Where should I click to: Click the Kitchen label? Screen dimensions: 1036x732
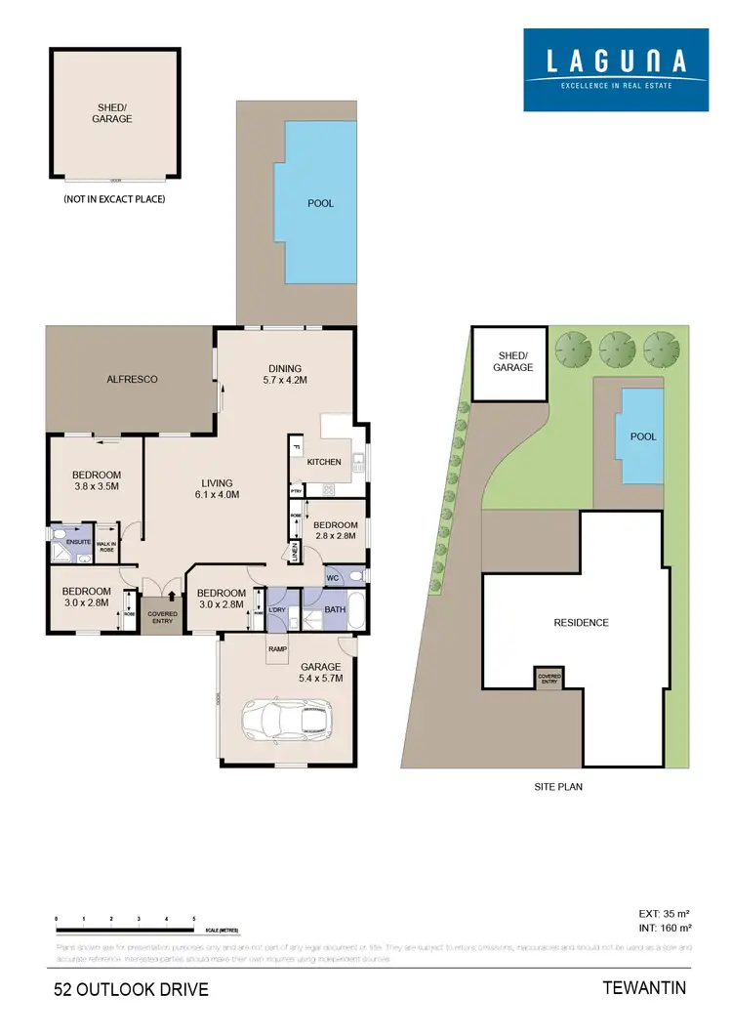[x=324, y=462]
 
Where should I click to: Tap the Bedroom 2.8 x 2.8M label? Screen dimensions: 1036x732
[x=334, y=529]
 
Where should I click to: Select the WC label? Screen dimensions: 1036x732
[x=332, y=577]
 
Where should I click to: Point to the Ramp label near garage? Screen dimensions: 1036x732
[x=278, y=646]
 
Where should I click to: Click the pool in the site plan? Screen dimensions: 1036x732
[x=639, y=436]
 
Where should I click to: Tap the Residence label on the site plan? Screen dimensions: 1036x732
[x=581, y=623]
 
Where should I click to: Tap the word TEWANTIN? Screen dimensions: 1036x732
[x=645, y=988]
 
